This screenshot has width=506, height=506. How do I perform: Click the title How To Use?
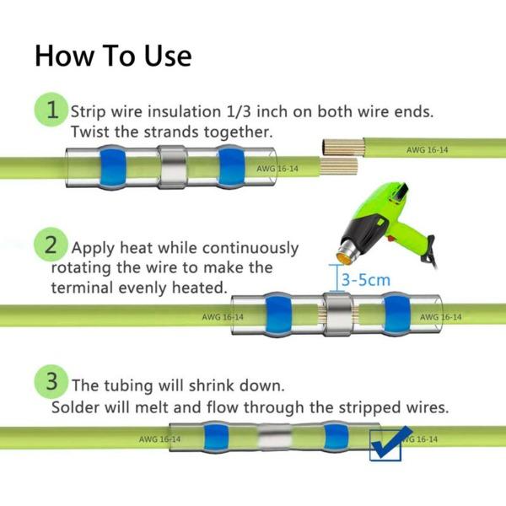(x=113, y=56)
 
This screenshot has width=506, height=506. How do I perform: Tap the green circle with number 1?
(x=52, y=110)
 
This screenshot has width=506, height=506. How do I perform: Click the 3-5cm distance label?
(x=365, y=278)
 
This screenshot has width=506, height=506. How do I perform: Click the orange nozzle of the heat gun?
(x=347, y=250)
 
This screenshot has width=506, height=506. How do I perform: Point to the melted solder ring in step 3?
(x=273, y=439)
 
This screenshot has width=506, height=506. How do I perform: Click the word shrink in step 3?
(x=226, y=385)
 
